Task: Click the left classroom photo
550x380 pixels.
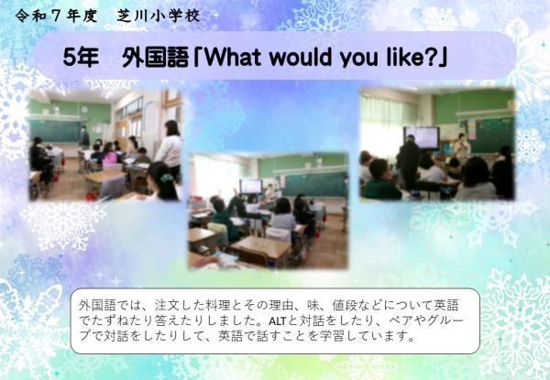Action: point(104,145)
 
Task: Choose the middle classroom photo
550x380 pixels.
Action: point(268,211)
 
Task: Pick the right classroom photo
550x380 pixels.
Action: point(436,144)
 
